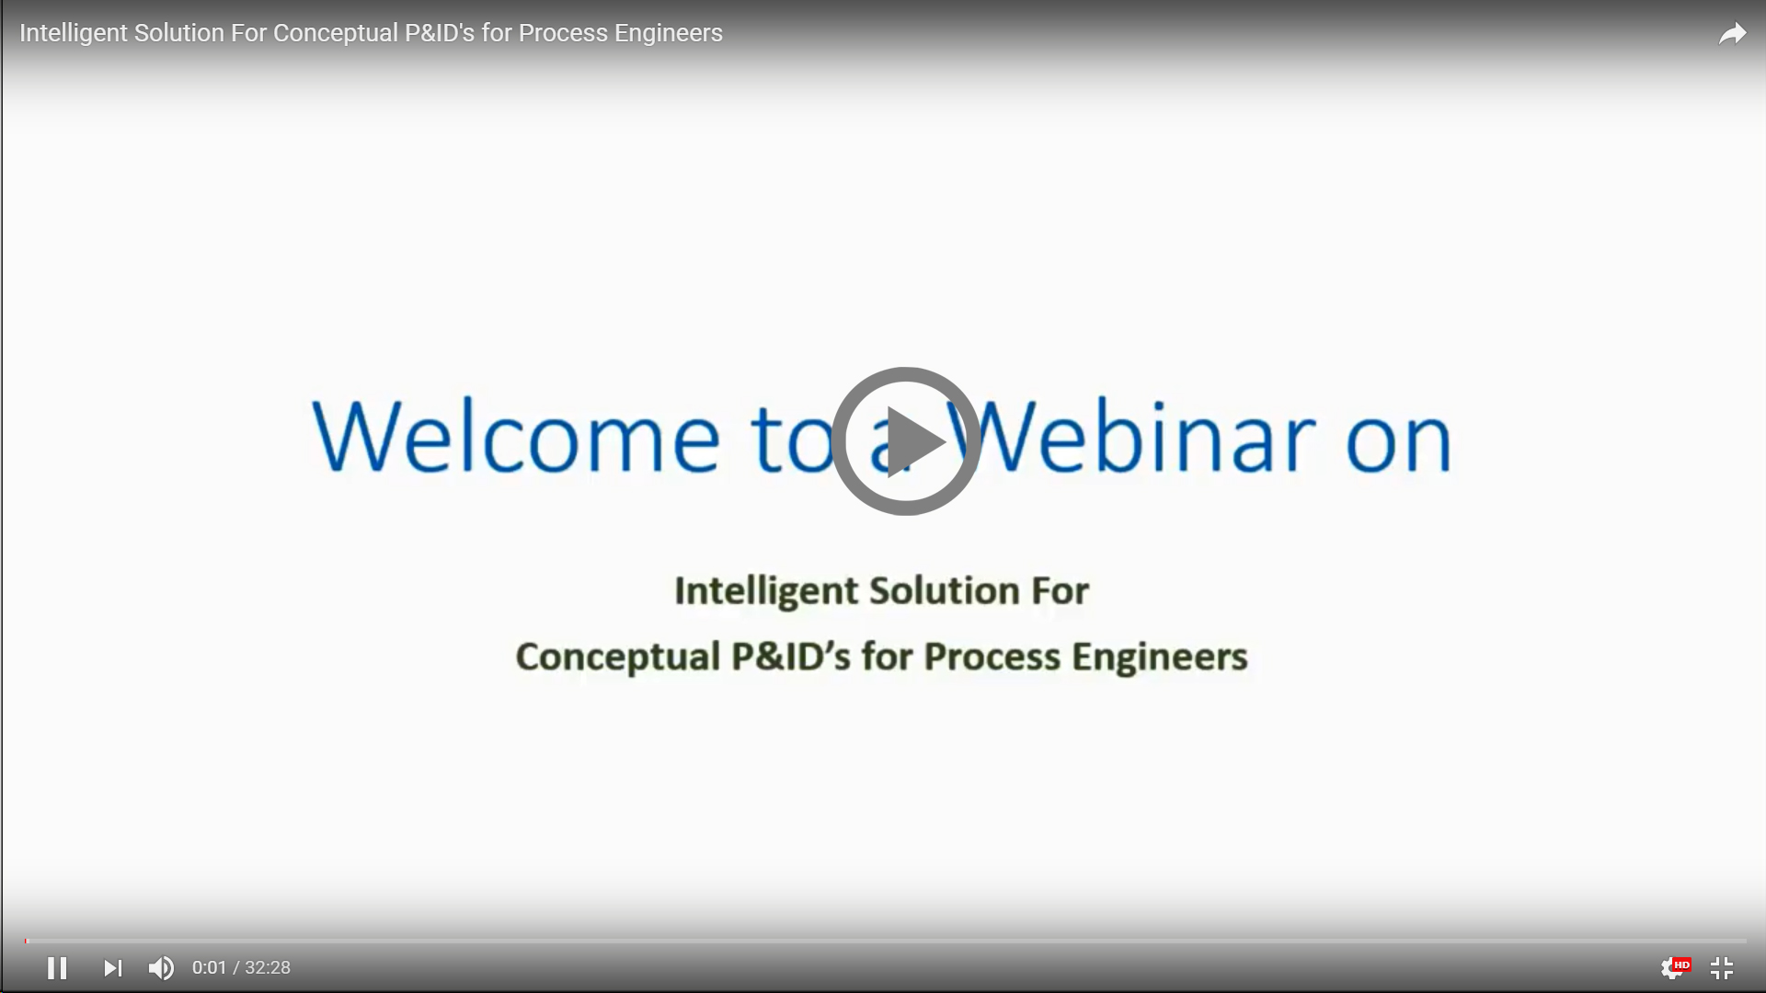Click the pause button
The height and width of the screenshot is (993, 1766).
(57, 968)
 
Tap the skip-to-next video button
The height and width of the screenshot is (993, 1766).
(112, 968)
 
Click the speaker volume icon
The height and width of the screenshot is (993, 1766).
(161, 968)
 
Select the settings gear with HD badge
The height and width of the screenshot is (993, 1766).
(1675, 967)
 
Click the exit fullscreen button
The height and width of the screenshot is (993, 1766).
(1722, 968)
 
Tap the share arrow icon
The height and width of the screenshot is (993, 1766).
(1733, 34)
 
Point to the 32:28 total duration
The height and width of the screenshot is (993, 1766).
(268, 968)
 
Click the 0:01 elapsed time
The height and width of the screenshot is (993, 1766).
(209, 968)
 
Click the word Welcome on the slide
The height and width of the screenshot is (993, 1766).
(516, 436)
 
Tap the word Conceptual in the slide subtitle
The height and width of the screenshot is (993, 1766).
(617, 657)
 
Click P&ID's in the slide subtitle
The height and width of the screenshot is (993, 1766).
(791, 656)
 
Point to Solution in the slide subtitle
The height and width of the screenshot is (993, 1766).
(944, 591)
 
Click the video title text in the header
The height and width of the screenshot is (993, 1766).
(371, 33)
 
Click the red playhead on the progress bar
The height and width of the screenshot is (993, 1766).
(27, 941)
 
